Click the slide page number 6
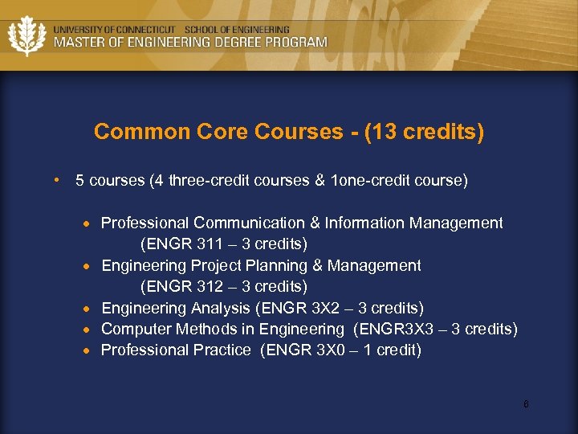(526, 404)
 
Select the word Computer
(134, 329)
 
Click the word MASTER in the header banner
(77, 42)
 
